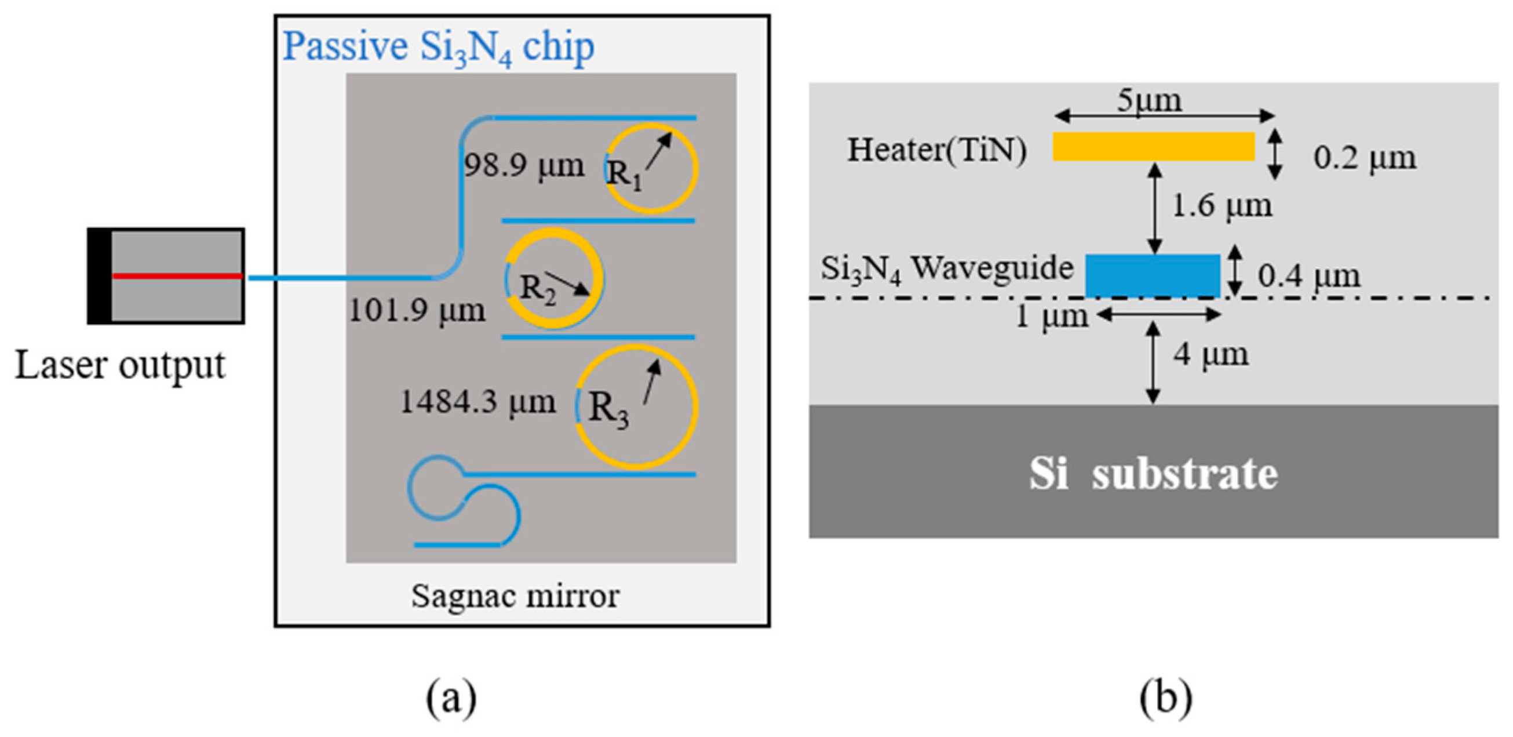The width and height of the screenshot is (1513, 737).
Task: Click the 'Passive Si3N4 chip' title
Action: (438, 47)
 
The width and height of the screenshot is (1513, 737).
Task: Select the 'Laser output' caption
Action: (120, 365)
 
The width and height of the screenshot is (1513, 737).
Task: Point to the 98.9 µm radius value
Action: (524, 166)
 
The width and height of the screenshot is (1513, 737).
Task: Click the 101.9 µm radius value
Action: (417, 310)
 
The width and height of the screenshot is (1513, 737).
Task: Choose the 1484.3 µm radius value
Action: (477, 402)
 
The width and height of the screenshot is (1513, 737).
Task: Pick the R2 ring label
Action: (538, 289)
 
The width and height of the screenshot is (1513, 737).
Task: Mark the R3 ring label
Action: (608, 409)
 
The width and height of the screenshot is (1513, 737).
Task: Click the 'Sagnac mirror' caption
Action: (515, 596)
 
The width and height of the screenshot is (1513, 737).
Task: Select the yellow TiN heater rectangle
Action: (1154, 146)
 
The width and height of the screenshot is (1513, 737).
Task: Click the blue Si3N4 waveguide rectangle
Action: (1153, 275)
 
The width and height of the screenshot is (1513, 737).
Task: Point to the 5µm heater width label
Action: (1149, 101)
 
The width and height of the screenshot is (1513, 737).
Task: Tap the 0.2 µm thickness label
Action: (1365, 158)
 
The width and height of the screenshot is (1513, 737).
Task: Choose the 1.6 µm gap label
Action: (1222, 206)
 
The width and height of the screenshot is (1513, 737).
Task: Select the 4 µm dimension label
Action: (1211, 355)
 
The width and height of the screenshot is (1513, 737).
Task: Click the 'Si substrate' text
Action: (1153, 474)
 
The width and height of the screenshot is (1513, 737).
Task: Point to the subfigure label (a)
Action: (451, 698)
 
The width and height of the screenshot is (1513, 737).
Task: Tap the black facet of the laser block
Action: (99, 275)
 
